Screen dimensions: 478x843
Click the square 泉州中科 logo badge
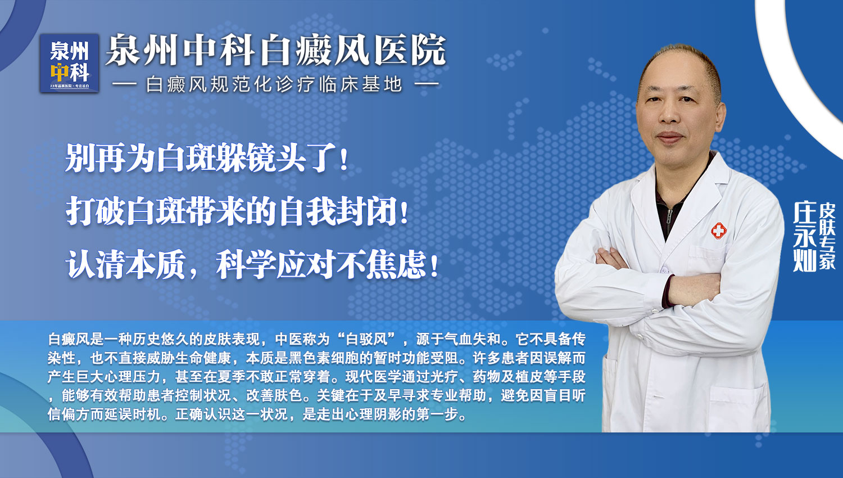point(69,63)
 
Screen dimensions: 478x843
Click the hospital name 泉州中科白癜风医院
point(275,51)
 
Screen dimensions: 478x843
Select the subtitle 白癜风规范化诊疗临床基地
point(274,85)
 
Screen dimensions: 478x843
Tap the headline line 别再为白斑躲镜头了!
point(207,158)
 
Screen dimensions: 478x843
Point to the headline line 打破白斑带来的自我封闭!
point(237,211)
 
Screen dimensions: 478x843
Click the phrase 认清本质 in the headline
point(125,264)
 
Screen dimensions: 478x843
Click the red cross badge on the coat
point(719,230)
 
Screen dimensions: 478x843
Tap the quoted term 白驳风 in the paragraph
point(366,339)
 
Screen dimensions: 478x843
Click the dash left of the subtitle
point(125,85)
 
